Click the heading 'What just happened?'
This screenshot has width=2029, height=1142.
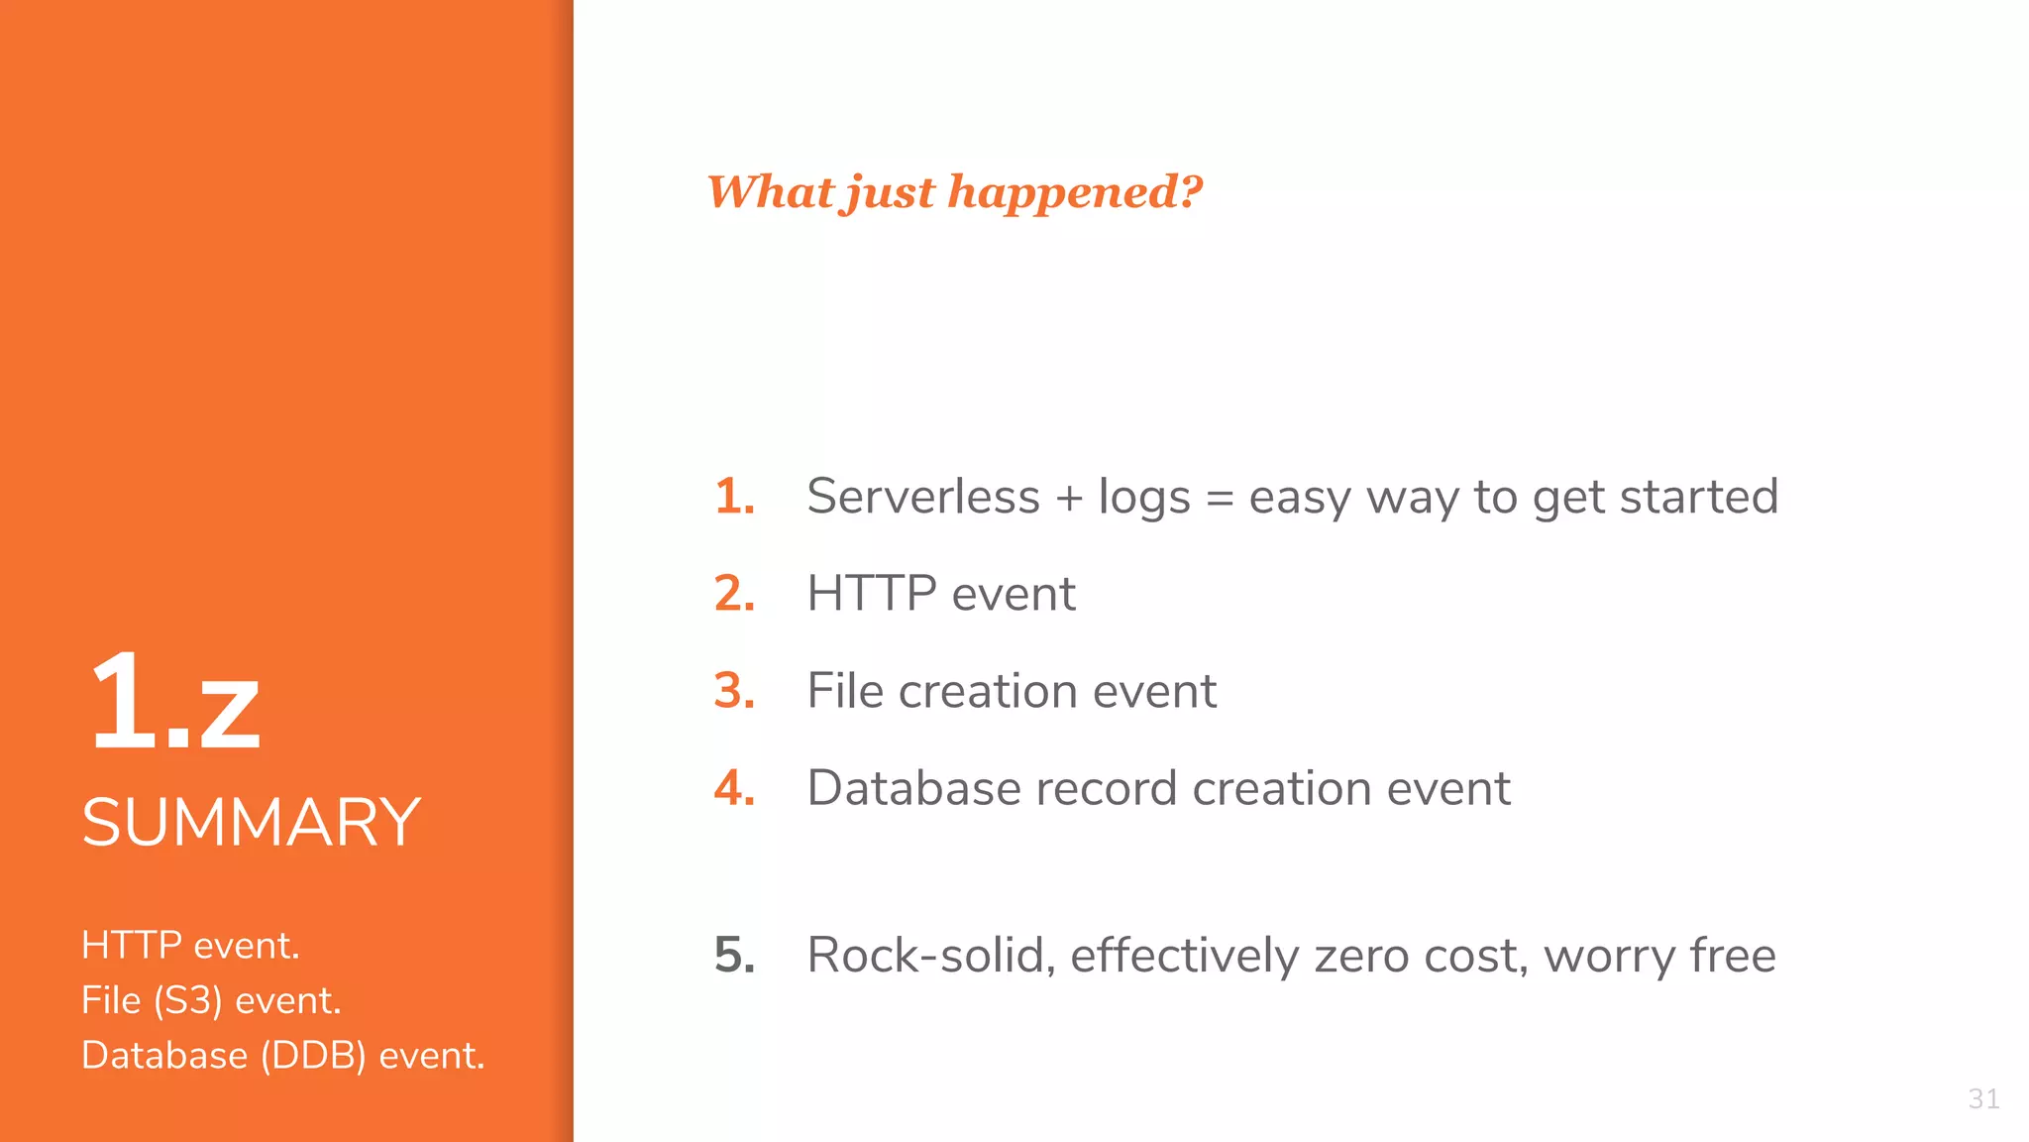pos(954,191)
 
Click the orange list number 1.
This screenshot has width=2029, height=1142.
pos(734,497)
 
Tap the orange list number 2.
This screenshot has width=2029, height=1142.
pos(734,594)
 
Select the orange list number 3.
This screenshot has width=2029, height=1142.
pos(734,691)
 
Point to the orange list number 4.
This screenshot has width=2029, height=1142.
pos(734,788)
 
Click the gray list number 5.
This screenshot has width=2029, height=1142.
pos(734,956)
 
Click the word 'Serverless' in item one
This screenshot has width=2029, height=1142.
pos(922,497)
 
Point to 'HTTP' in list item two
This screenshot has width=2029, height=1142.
pos(872,594)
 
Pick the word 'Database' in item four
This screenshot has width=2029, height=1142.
pos(913,788)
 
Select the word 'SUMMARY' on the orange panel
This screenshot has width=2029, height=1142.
pos(251,823)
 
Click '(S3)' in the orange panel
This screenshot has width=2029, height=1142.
pos(188,1001)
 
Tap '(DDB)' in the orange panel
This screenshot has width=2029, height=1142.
pos(313,1056)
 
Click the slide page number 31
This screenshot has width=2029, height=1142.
pos(1983,1098)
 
